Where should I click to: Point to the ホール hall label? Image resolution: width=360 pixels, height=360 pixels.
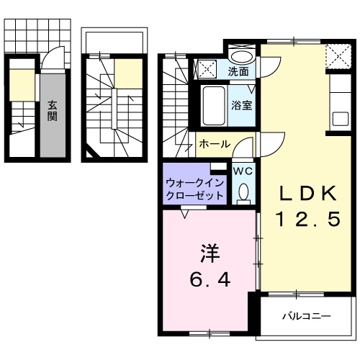click(x=215, y=144)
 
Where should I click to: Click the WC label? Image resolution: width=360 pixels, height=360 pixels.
click(x=242, y=171)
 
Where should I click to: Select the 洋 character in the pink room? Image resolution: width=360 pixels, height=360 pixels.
click(x=209, y=254)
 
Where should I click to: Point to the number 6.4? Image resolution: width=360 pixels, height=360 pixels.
click(x=209, y=280)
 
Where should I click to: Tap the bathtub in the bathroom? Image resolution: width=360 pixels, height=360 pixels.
click(x=212, y=106)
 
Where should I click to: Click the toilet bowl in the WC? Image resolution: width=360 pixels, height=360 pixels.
click(x=243, y=192)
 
